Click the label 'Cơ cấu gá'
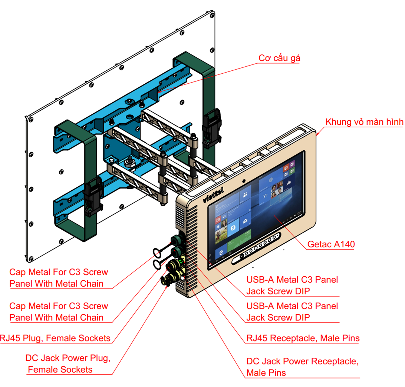pyautogui.click(x=279, y=59)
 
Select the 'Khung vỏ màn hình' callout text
pyautogui.click(x=364, y=122)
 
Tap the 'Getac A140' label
pyautogui.click(x=331, y=244)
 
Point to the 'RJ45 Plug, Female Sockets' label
pyautogui.click(x=55, y=338)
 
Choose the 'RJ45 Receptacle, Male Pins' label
pyautogui.click(x=303, y=338)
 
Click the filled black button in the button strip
pyautogui.click(x=241, y=256)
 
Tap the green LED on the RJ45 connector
pyautogui.click(x=181, y=262)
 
